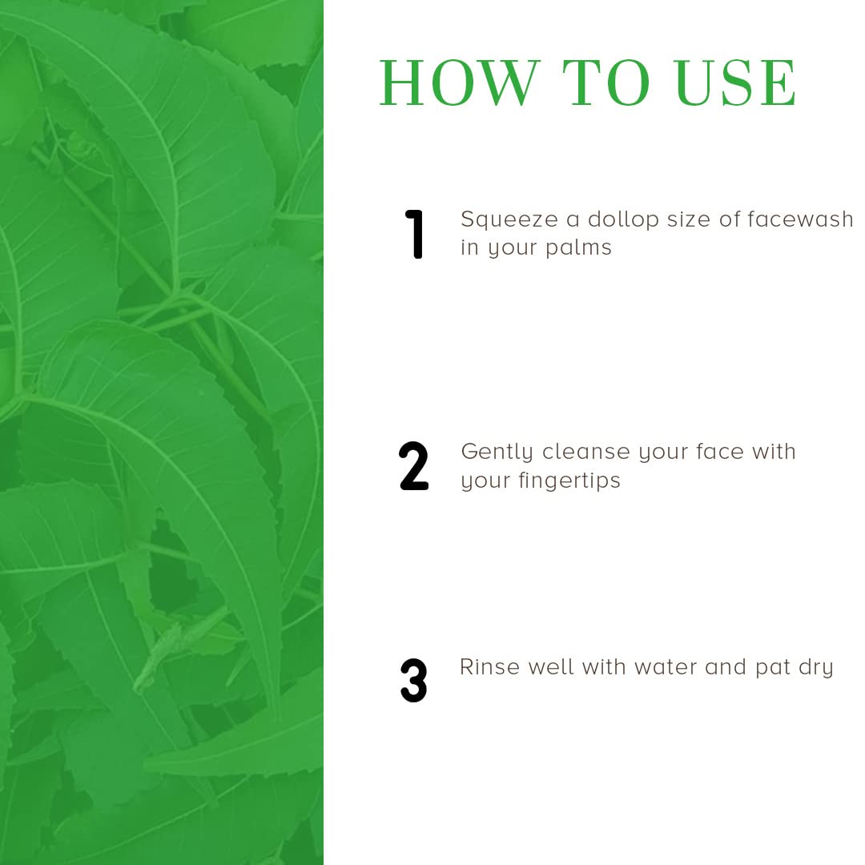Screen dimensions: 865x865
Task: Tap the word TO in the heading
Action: [x=605, y=82]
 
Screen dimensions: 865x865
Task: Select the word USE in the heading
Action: [x=735, y=82]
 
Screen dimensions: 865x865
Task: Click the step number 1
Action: [x=414, y=234]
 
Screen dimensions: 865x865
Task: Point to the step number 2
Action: [x=413, y=466]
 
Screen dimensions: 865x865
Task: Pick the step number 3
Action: [x=414, y=680]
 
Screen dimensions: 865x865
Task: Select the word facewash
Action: [x=800, y=219]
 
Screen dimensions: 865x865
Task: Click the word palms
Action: [x=578, y=249]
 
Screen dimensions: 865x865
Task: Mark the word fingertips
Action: [x=569, y=481]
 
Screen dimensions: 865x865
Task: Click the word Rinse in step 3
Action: [x=489, y=667]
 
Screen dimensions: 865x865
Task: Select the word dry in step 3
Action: [x=815, y=669]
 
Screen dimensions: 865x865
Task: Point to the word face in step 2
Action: [x=719, y=452]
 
